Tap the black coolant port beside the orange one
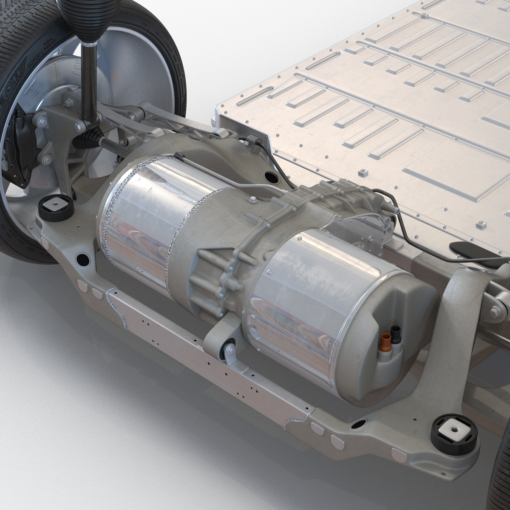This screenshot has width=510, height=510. point(396,336)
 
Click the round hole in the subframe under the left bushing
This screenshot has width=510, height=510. point(81,258)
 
